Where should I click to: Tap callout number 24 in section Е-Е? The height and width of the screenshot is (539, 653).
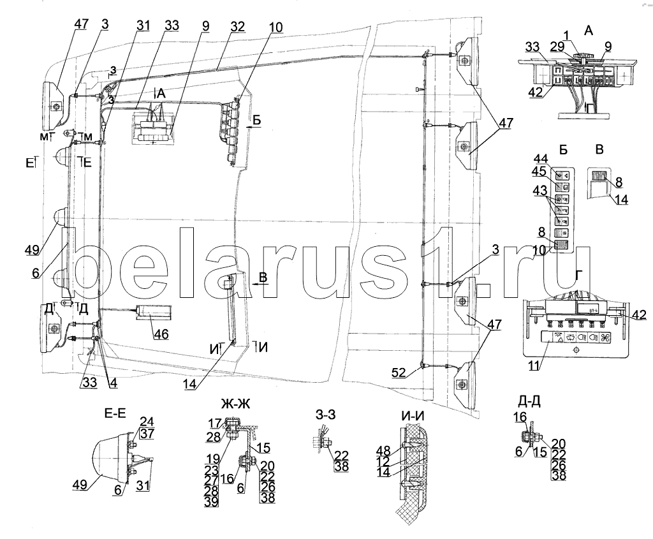pyautogui.click(x=147, y=421)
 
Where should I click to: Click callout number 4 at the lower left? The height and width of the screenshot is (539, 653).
pyautogui.click(x=112, y=385)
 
